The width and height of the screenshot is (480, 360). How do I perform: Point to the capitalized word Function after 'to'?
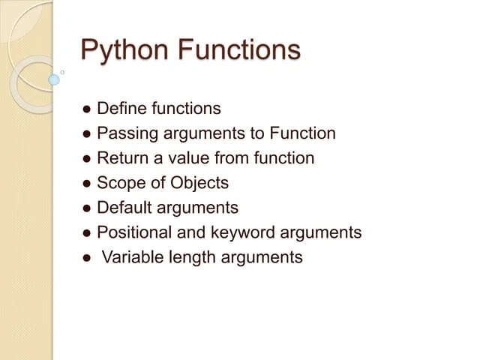(303, 133)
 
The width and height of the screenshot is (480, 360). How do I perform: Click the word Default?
(123, 208)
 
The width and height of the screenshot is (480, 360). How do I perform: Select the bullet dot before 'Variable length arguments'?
(87, 258)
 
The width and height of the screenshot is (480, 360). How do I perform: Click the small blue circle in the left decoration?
(53, 79)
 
